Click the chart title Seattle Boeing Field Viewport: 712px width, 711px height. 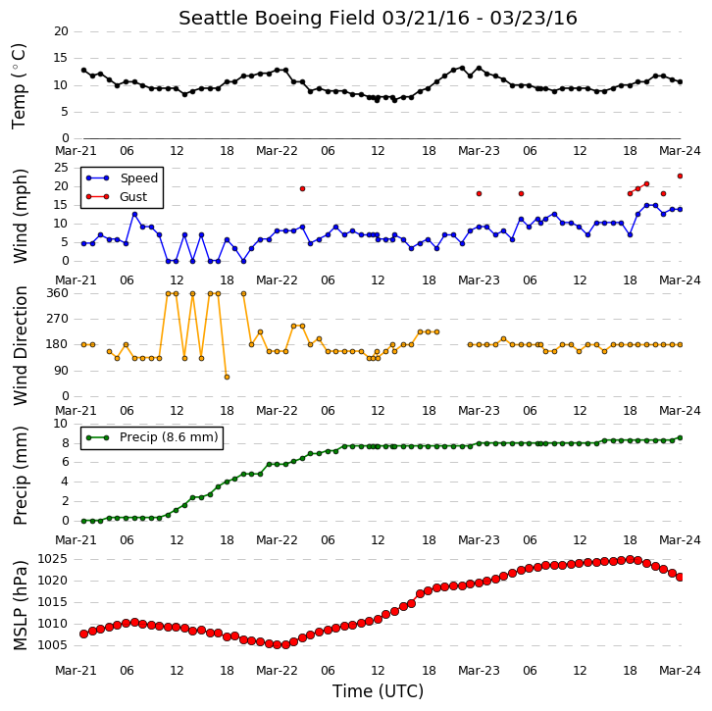click(x=277, y=19)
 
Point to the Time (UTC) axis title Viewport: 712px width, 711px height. click(x=378, y=691)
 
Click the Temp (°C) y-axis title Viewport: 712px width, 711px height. click(x=19, y=86)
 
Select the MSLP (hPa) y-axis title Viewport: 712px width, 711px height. click(x=20, y=606)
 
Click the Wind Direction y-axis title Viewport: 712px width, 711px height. click(x=20, y=345)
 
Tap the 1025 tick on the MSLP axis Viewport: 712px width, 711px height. click(x=52, y=559)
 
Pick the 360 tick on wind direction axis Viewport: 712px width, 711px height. click(x=57, y=293)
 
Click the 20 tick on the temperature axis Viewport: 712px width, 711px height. click(x=61, y=31)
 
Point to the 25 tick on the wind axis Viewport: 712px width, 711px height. click(x=61, y=168)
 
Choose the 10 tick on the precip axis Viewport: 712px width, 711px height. click(x=61, y=424)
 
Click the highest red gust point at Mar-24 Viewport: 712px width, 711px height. click(x=680, y=177)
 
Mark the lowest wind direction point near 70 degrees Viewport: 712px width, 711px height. click(x=227, y=377)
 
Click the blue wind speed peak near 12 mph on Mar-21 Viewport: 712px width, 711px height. click(x=134, y=215)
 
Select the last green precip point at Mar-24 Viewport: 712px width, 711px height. click(x=680, y=437)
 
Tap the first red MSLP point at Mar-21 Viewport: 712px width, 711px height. click(x=83, y=634)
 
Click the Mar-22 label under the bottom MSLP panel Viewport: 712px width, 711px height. click(x=277, y=671)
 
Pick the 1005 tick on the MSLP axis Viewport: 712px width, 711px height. click(x=52, y=645)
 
